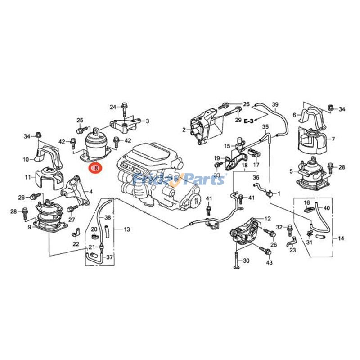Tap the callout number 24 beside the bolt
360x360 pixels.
(x=112, y=107)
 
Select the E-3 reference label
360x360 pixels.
(x=249, y=121)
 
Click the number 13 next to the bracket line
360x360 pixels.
(x=126, y=229)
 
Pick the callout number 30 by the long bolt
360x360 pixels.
(x=246, y=261)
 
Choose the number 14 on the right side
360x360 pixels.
(x=341, y=238)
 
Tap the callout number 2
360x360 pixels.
(x=184, y=130)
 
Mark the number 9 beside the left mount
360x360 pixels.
(x=30, y=227)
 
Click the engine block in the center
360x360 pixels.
(x=157, y=175)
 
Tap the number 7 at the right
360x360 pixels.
(x=333, y=139)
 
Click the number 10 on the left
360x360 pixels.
(x=26, y=159)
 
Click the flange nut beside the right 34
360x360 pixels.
(x=331, y=108)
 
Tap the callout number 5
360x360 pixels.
(x=291, y=171)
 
